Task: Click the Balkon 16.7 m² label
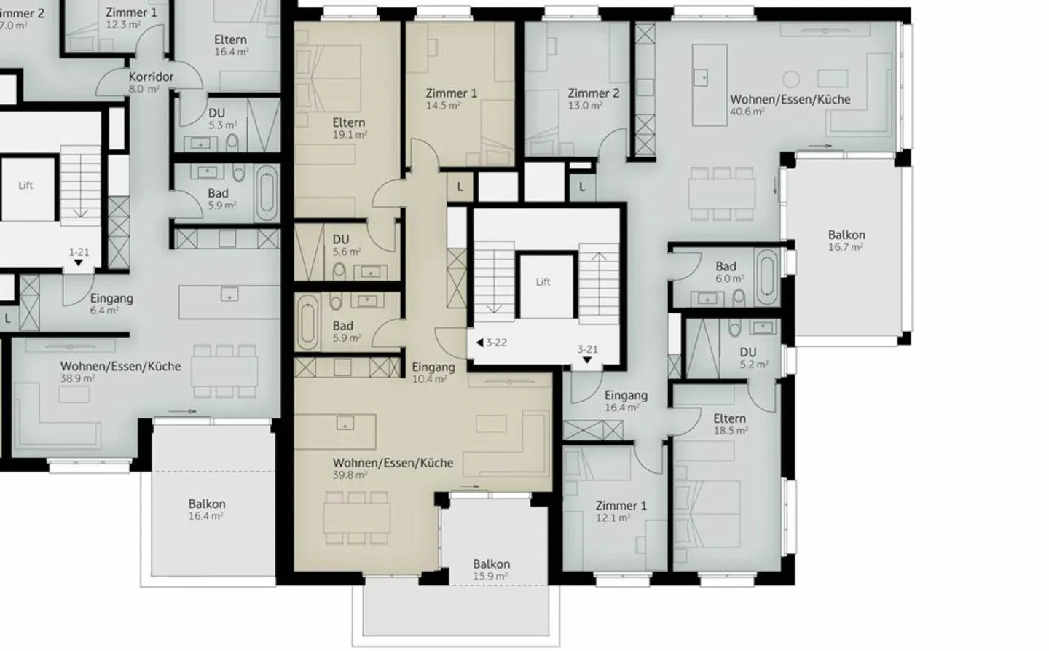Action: tap(846, 241)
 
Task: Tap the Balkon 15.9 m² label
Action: tap(491, 569)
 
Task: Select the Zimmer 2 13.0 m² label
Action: tap(593, 98)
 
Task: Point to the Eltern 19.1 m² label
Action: tap(348, 128)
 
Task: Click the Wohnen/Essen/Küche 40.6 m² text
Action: tap(790, 104)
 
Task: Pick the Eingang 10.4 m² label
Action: tap(433, 373)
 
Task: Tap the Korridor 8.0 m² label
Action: tap(151, 82)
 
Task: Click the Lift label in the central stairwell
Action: tap(543, 281)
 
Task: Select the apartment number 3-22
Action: tap(495, 343)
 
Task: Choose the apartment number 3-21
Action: tap(587, 350)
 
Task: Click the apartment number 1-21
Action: tap(79, 253)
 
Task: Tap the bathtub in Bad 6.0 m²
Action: tap(767, 276)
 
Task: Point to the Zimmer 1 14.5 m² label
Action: tap(451, 98)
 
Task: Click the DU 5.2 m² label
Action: tap(749, 357)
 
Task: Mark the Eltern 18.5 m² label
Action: tap(729, 424)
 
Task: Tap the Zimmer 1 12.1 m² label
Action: tap(621, 511)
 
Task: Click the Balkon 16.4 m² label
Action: tap(206, 509)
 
